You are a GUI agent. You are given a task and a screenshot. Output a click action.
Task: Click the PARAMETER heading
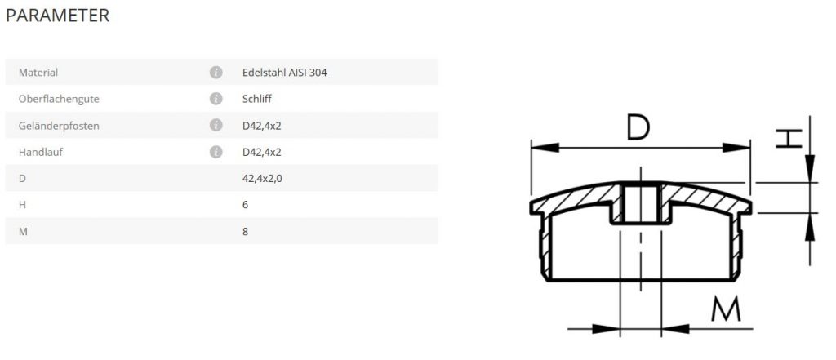pyautogui.click(x=58, y=16)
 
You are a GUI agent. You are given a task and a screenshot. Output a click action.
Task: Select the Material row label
pyautogui.click(x=38, y=73)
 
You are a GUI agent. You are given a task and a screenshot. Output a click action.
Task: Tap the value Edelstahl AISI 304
pyautogui.click(x=285, y=73)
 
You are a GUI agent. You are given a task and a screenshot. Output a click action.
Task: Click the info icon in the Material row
pyautogui.click(x=216, y=73)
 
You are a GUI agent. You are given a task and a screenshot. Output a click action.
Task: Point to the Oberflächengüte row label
pyautogui.click(x=59, y=100)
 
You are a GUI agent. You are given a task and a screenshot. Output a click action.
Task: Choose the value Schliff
pyautogui.click(x=257, y=100)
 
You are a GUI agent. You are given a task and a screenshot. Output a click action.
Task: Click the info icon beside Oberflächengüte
pyautogui.click(x=216, y=99)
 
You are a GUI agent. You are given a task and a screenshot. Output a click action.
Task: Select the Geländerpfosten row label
pyautogui.click(x=59, y=126)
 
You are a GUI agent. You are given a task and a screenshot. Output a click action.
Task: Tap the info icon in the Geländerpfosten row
pyautogui.click(x=216, y=126)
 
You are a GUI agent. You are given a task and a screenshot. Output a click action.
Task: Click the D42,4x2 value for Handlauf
pyautogui.click(x=262, y=152)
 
